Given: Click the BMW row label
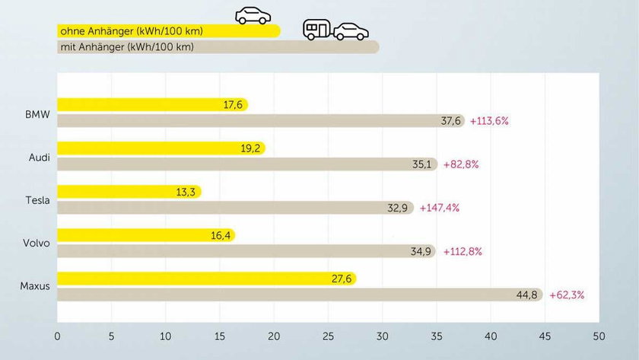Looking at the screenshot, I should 37,114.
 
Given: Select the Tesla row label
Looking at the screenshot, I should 37,201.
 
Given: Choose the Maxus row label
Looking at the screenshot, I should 35,287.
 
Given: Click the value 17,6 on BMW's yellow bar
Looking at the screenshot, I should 233,105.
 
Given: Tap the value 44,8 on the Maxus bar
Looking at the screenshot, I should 527,295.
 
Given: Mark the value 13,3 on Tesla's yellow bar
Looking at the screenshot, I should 186,192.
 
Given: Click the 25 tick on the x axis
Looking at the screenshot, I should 328,335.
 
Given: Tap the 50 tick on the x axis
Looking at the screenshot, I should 599,335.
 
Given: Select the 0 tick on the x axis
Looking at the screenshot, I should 57,335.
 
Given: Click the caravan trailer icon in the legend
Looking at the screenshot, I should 317,30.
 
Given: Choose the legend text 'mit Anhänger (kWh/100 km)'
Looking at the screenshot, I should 126,47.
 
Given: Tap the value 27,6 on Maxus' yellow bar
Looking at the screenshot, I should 341,279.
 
